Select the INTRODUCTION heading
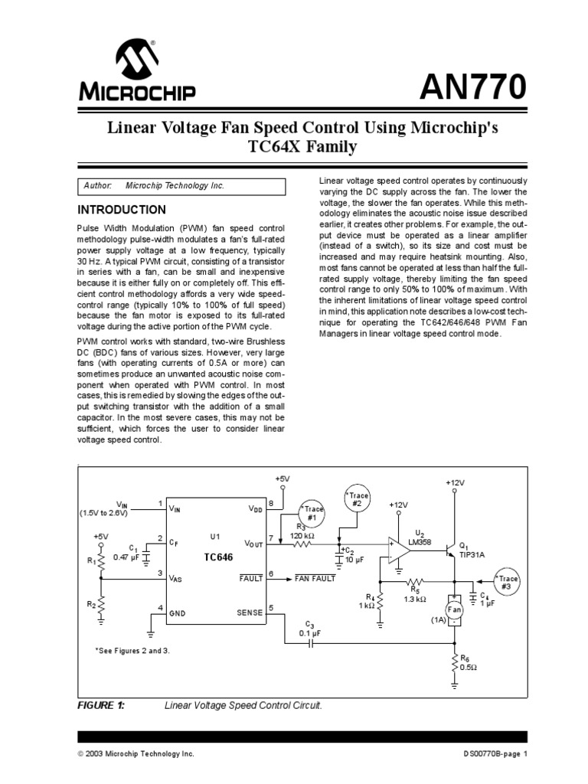click(122, 210)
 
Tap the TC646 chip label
click(217, 557)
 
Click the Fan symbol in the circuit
click(455, 609)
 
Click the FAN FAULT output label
click(315, 579)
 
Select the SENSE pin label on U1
click(250, 612)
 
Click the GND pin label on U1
click(178, 613)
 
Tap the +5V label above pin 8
click(283, 479)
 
